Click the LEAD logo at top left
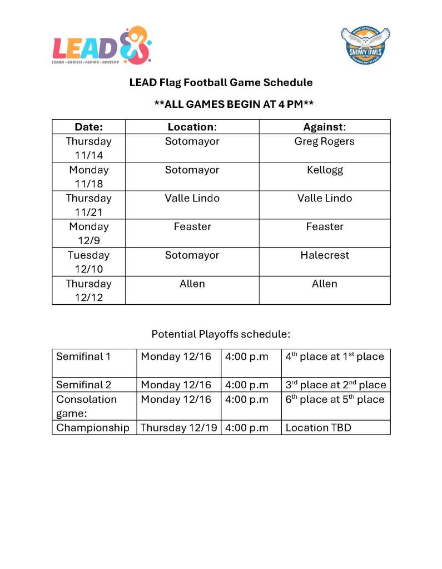(x=102, y=46)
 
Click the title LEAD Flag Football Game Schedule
(x=221, y=82)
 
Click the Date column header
(x=89, y=127)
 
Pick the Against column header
(x=324, y=127)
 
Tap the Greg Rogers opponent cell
(x=324, y=141)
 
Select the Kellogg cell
(x=324, y=170)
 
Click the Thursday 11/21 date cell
(x=89, y=205)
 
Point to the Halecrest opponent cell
(x=324, y=255)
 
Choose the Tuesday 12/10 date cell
(x=89, y=262)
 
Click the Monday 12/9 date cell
(x=89, y=233)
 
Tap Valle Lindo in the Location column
(x=192, y=198)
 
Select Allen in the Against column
(x=324, y=284)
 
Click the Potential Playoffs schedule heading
(x=221, y=334)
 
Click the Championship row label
(x=93, y=428)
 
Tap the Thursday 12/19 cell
(x=178, y=428)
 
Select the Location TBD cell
(x=319, y=428)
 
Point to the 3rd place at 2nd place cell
(x=335, y=384)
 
